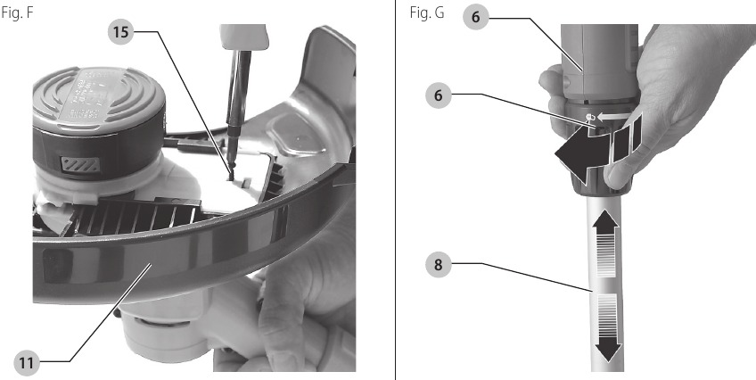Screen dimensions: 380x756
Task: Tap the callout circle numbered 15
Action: pyautogui.click(x=122, y=32)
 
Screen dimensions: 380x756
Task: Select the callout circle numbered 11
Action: pyautogui.click(x=29, y=361)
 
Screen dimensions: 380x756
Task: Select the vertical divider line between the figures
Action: pyautogui.click(x=395, y=190)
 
